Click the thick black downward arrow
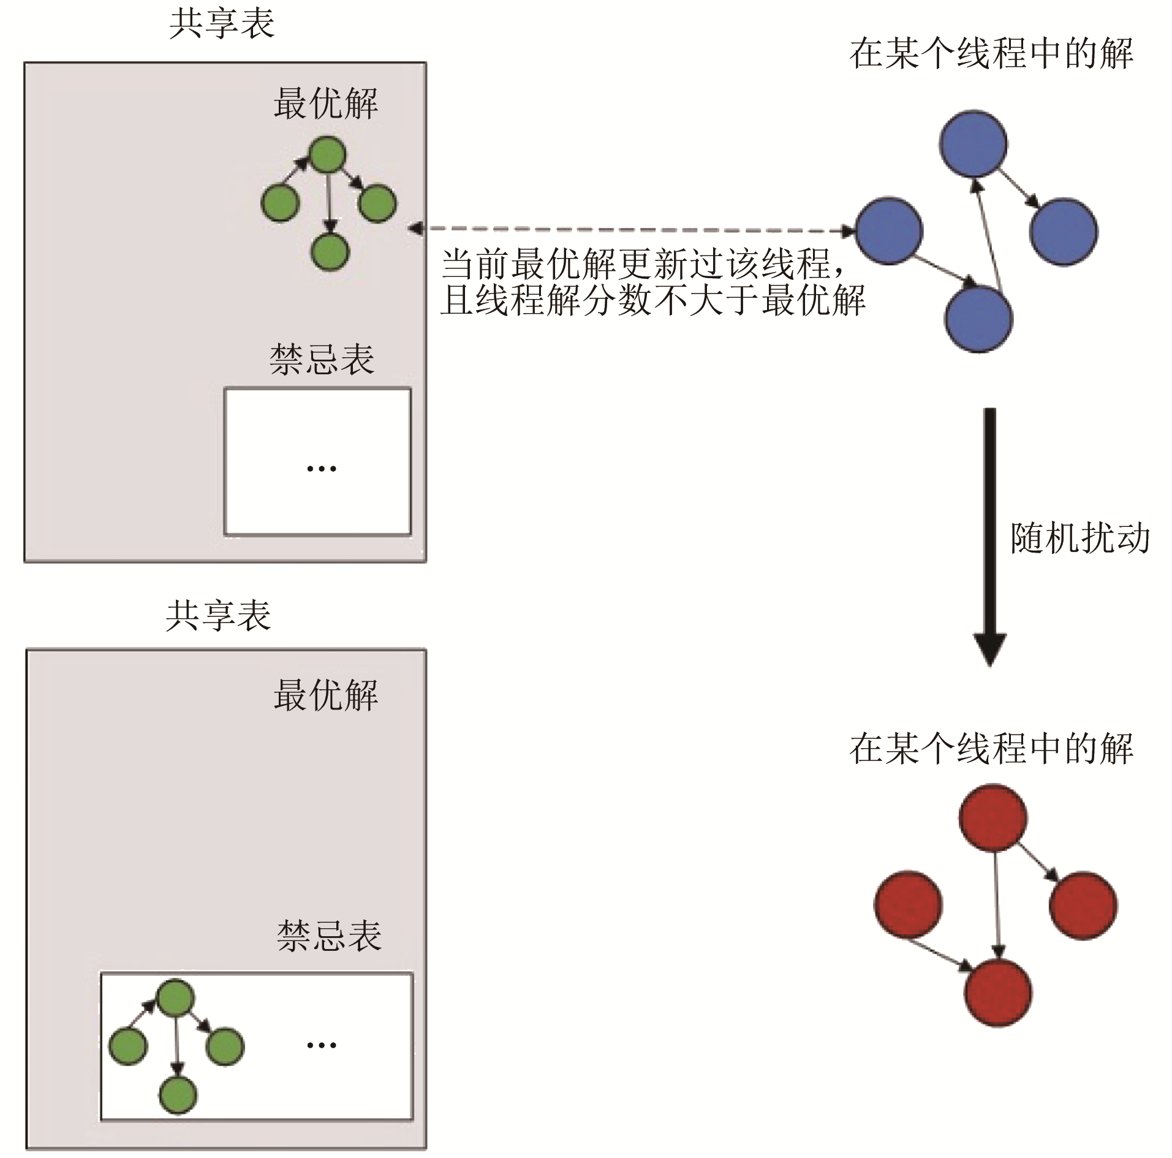point(989,533)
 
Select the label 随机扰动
point(1079,539)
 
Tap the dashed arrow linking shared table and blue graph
point(631,229)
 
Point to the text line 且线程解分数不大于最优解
point(652,300)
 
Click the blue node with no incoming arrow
point(888,230)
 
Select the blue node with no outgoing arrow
point(1064,231)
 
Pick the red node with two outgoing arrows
point(992,817)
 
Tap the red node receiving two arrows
point(998,992)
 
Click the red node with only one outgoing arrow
point(908,904)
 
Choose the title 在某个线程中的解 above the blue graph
point(991,54)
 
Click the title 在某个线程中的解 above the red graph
point(991,749)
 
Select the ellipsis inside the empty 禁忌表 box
point(321,469)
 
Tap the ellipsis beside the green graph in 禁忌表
point(321,1045)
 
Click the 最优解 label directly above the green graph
point(325,103)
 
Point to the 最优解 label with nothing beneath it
point(325,695)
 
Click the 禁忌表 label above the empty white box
point(322,359)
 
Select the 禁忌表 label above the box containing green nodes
point(329,936)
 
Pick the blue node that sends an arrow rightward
point(973,144)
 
